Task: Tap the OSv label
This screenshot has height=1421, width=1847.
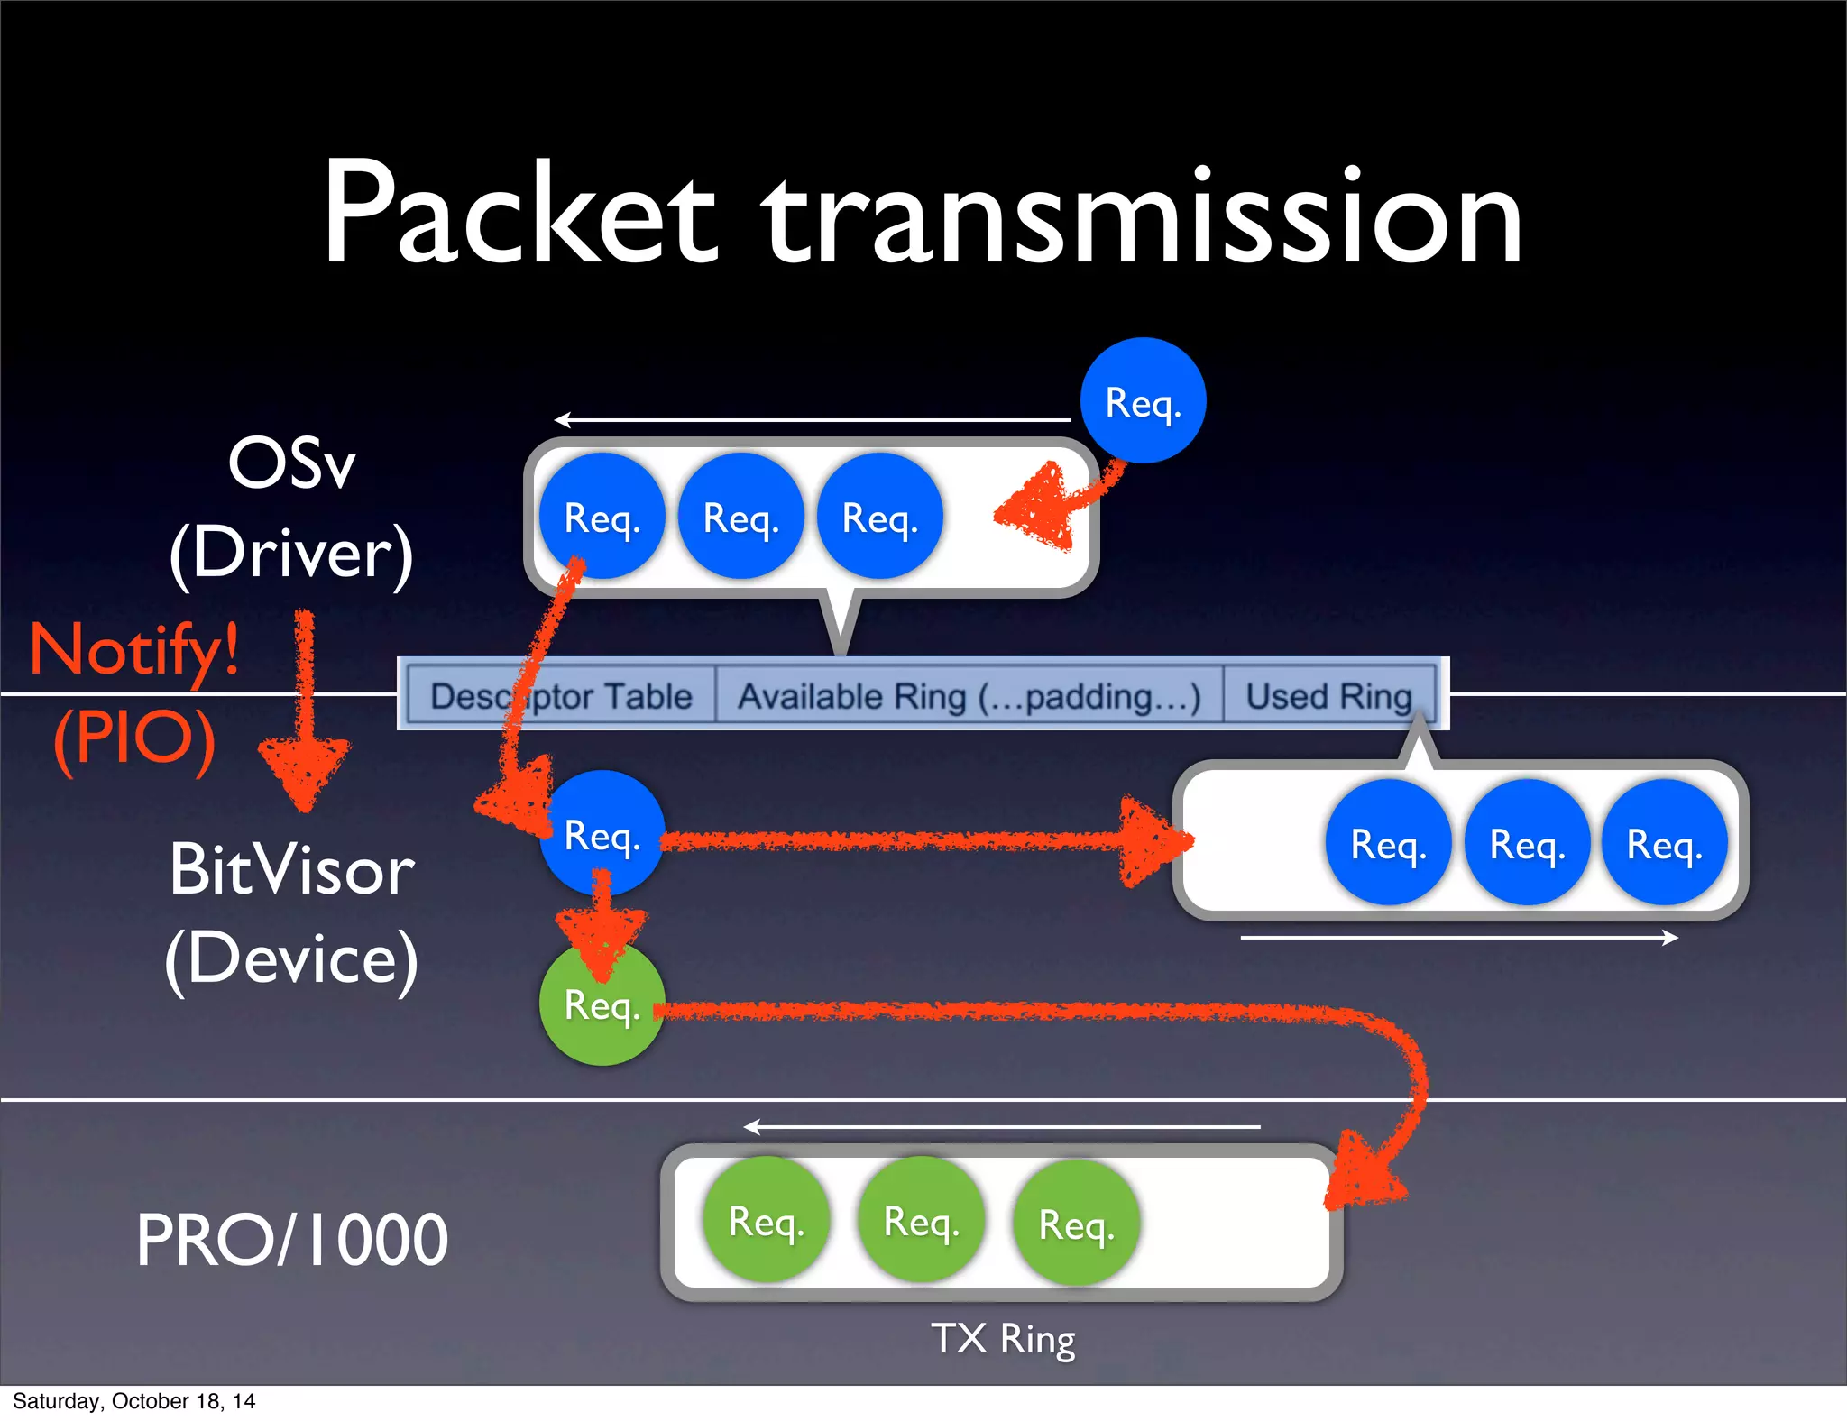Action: [291, 463]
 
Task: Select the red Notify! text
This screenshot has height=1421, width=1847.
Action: [135, 649]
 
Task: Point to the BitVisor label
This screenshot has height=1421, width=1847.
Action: [291, 870]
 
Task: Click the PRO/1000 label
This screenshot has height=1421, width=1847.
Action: [291, 1241]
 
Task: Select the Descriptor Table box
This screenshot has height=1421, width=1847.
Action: [561, 696]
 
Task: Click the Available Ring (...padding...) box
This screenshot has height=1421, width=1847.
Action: [969, 696]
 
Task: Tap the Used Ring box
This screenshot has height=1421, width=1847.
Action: [1328, 696]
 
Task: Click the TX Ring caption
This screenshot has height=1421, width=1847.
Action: [1003, 1339]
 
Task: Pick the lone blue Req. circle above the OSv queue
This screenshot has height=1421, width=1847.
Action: [1143, 401]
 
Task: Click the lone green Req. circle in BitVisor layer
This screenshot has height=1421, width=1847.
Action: [602, 1004]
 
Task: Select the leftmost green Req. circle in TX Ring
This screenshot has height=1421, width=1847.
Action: [766, 1221]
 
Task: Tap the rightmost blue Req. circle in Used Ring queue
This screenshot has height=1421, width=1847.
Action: [1664, 844]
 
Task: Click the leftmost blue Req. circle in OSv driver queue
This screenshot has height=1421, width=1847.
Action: [602, 517]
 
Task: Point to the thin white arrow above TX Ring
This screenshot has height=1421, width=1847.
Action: [1001, 1127]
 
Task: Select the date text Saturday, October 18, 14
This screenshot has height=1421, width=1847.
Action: [133, 1401]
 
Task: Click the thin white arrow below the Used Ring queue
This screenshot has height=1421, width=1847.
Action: [1458, 939]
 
